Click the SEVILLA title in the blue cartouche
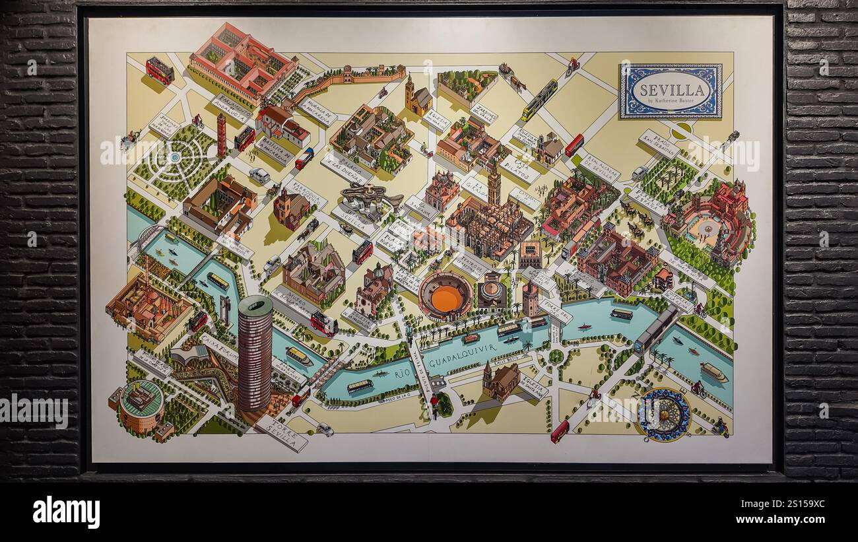pyautogui.click(x=669, y=88)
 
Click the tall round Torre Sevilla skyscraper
pyautogui.click(x=255, y=353)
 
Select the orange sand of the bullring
pyautogui.click(x=445, y=298)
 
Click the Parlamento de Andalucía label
pyautogui.click(x=231, y=108)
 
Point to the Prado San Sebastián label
pyautogui.click(x=659, y=143)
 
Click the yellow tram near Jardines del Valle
pyautogui.click(x=539, y=100)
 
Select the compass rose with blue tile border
pyautogui.click(x=663, y=415)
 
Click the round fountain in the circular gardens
pyautogui.click(x=175, y=158)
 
